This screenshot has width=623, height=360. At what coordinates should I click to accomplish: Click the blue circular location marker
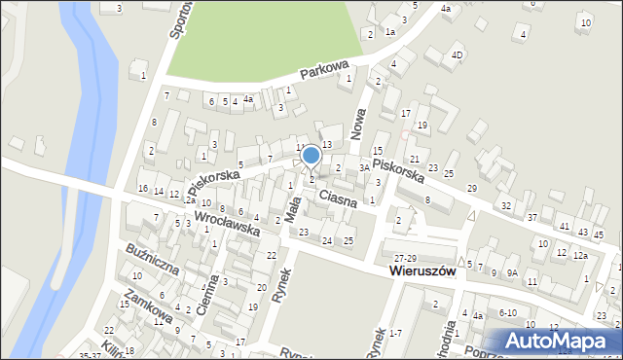coord(311,156)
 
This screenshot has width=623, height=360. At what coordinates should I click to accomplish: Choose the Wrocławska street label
coord(226,225)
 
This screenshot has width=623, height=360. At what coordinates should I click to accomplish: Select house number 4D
coord(458,55)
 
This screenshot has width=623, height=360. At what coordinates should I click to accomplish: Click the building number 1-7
coord(394,334)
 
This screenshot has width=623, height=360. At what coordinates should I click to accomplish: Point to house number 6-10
coord(507,313)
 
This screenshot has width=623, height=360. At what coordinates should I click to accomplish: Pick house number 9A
coord(511,273)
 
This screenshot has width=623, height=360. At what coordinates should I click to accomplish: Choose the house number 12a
coord(580,255)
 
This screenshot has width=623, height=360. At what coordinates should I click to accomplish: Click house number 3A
coord(364,167)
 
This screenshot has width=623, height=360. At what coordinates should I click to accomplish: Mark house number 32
coord(505,205)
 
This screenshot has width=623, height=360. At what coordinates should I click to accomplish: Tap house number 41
coord(564,227)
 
